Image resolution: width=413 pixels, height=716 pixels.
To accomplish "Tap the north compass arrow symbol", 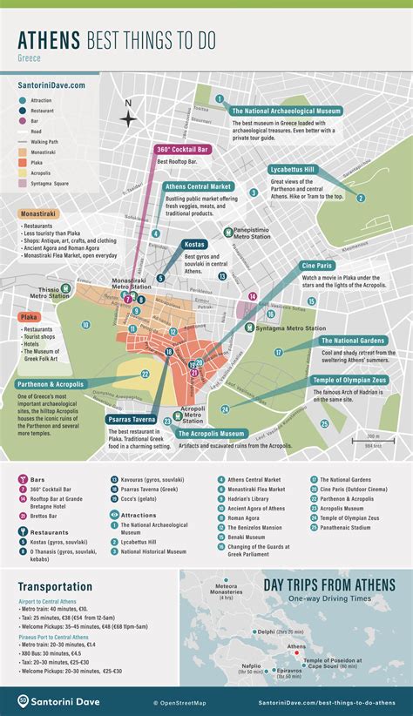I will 128,116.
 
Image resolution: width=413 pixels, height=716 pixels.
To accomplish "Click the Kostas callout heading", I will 193,245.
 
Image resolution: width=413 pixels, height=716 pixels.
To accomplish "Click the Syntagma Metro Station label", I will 287,327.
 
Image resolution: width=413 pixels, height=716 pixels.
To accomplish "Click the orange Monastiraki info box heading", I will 42,213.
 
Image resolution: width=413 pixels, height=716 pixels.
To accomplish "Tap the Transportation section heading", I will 54,587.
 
